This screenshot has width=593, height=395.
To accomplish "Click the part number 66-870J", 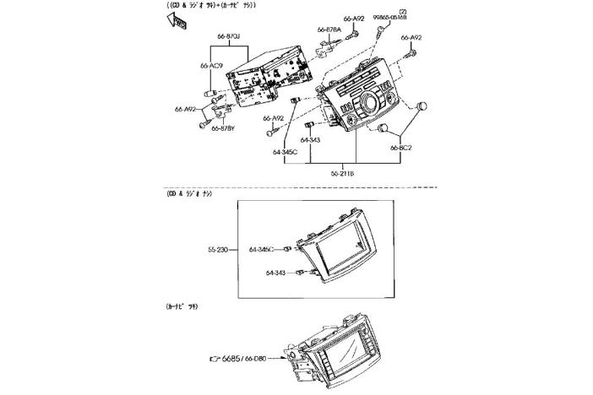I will click(x=229, y=36).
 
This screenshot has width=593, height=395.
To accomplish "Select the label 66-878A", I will click(x=329, y=30).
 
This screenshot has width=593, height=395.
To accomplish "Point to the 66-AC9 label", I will click(x=211, y=65).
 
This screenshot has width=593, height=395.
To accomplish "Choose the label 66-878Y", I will click(x=223, y=129).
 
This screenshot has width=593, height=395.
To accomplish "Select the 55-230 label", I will click(x=219, y=250).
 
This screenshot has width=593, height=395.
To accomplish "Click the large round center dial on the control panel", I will click(x=368, y=109).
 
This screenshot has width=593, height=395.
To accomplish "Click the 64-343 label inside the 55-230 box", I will click(x=277, y=273).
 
